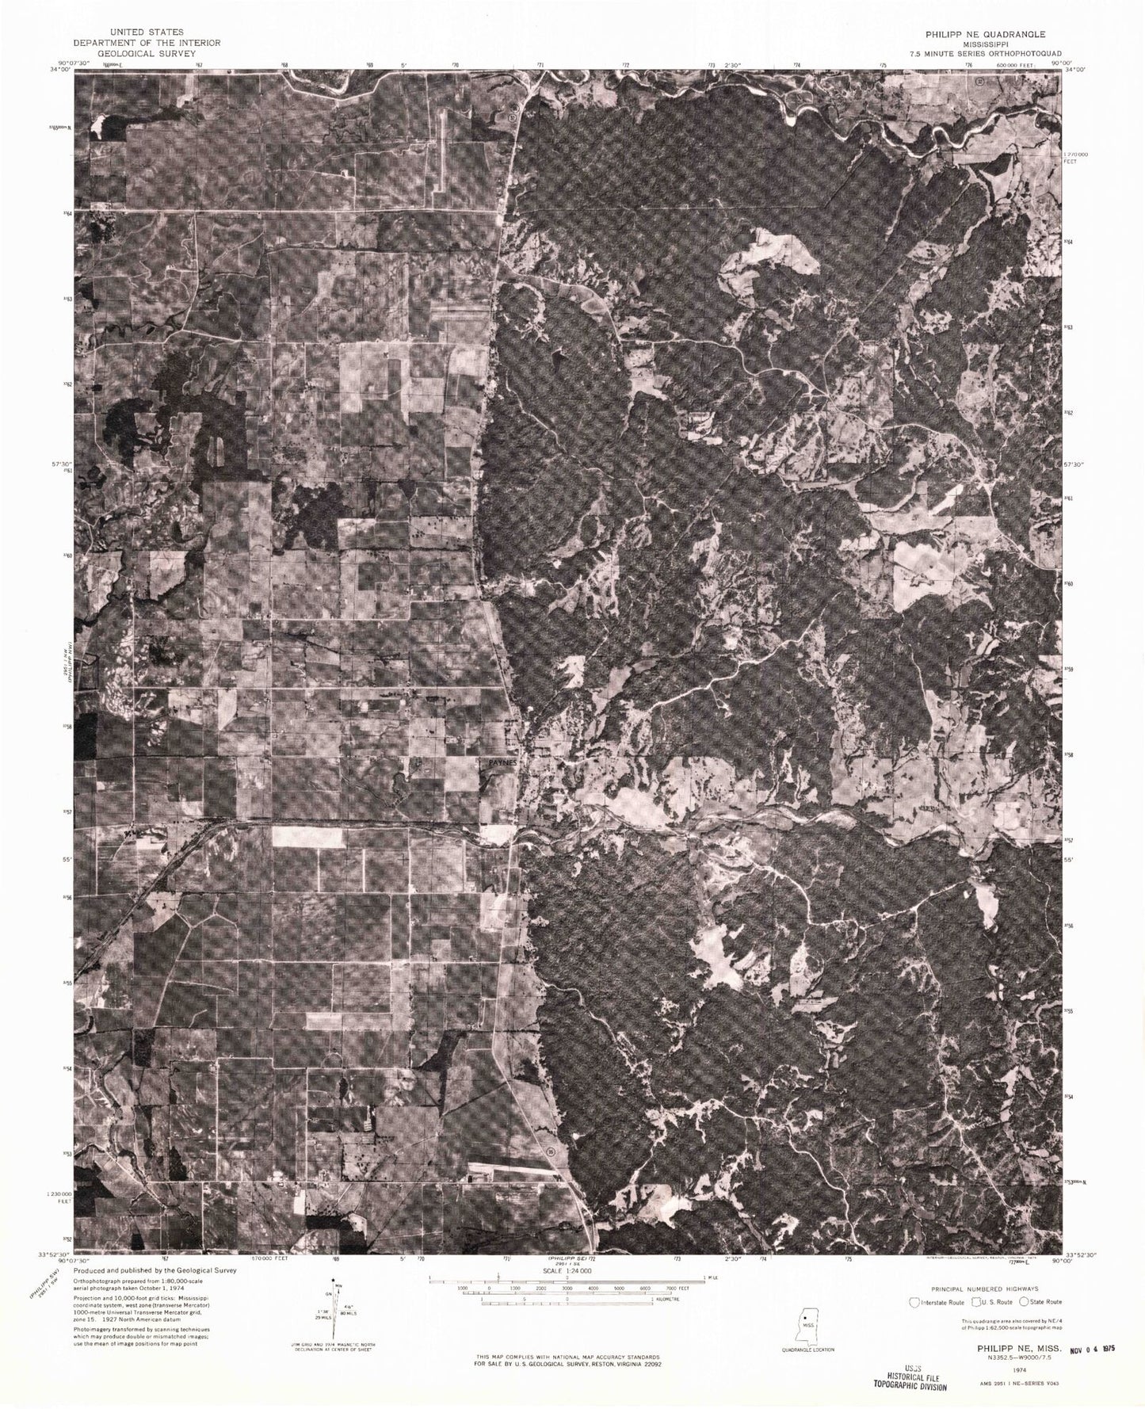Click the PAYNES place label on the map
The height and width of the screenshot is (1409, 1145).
pyautogui.click(x=502, y=761)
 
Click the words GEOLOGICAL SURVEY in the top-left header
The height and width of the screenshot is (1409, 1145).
pyautogui.click(x=146, y=53)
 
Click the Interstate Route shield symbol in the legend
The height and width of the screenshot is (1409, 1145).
pyautogui.click(x=918, y=1301)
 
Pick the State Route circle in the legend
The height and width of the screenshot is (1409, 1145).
pyautogui.click(x=1024, y=1301)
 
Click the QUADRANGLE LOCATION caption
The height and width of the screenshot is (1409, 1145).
pyautogui.click(x=807, y=1349)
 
